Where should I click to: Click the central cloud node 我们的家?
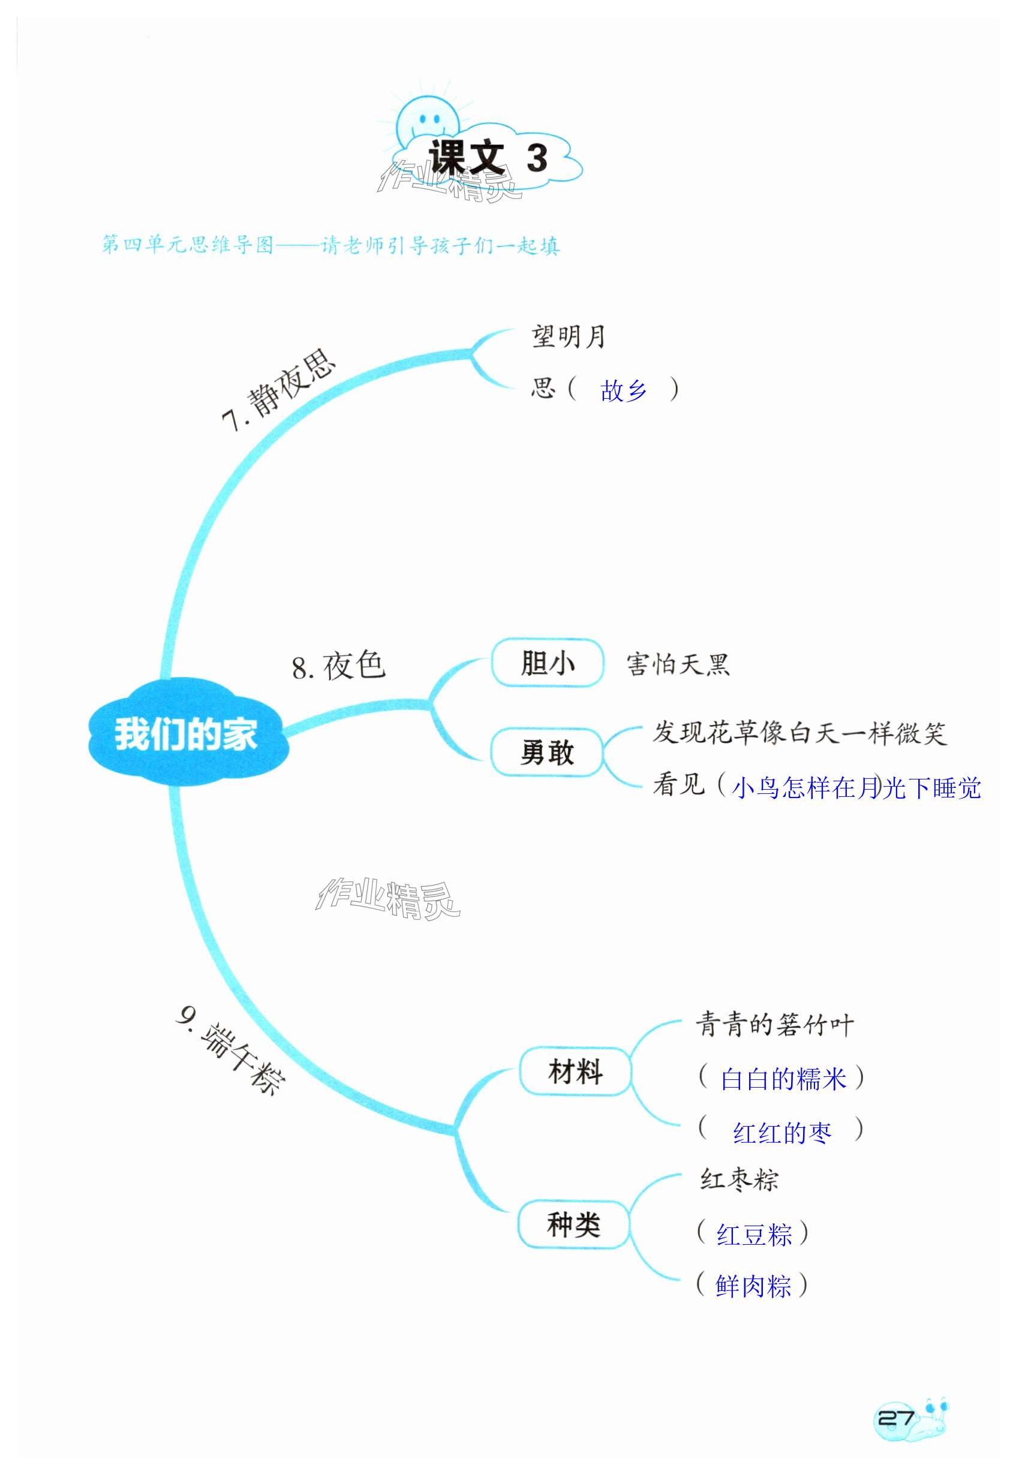coord(187,734)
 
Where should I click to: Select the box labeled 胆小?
coord(547,663)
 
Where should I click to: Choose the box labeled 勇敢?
coord(547,752)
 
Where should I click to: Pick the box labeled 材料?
coord(575,1071)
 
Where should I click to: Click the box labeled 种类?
coord(573,1225)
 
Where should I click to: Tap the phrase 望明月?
coord(568,336)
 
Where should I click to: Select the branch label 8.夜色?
coord(339,666)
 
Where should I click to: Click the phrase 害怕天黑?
coord(678,664)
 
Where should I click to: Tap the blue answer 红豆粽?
coord(755,1235)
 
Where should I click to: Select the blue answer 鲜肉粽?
coord(753,1287)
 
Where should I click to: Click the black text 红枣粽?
coord(739,1180)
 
